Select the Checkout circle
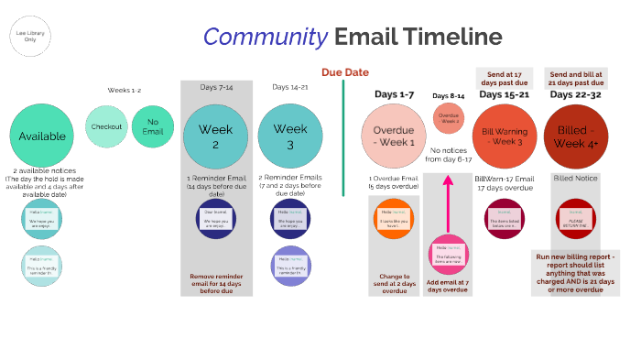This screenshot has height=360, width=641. [x=107, y=127]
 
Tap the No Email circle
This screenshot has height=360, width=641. [x=152, y=127]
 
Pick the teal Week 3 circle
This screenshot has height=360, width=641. [x=290, y=136]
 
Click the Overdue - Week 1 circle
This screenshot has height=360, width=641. [x=394, y=136]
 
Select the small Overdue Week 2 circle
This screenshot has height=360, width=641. [x=448, y=119]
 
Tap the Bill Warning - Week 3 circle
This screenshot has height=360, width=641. [x=504, y=136]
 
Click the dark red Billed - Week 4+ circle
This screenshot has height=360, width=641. [x=576, y=136]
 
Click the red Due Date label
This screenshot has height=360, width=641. [x=344, y=72]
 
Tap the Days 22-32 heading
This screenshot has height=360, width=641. [x=576, y=93]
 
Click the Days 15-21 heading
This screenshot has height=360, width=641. [x=504, y=93]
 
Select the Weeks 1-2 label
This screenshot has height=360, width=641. [x=125, y=89]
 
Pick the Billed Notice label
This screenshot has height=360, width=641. [x=575, y=179]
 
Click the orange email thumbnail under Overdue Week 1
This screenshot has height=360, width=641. [x=394, y=218]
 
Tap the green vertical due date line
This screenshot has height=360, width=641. [x=343, y=137]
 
